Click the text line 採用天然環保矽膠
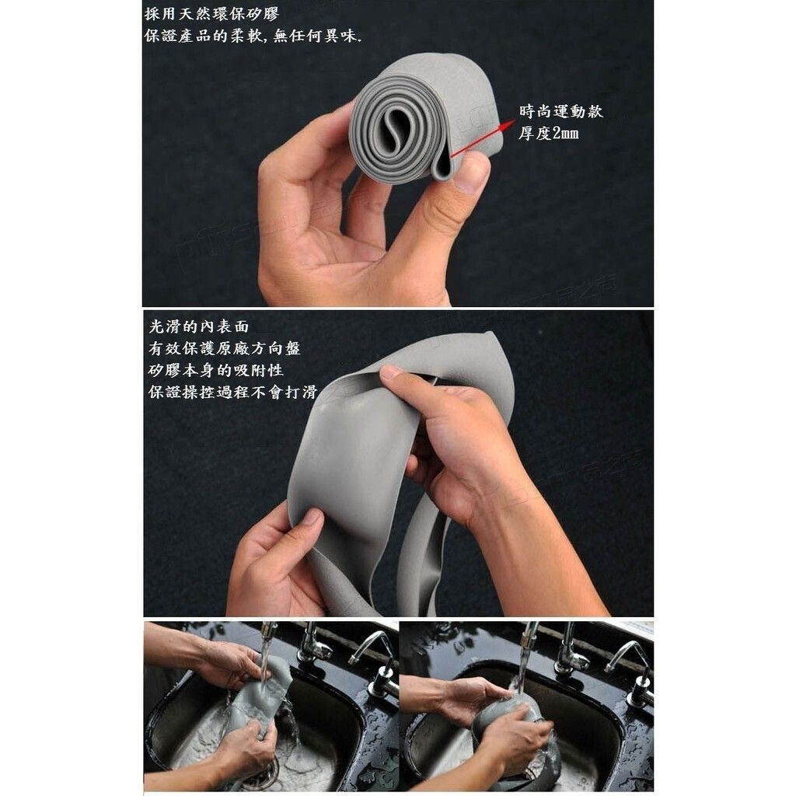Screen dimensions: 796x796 click(x=211, y=14)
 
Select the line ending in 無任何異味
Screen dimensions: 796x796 click(x=253, y=36)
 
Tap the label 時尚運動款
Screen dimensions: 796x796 click(x=561, y=111)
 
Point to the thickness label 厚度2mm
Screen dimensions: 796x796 click(x=548, y=134)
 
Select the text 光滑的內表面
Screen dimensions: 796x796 click(x=198, y=326)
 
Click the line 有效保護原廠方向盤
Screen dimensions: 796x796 click(x=225, y=348)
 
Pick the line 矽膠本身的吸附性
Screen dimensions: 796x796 click(x=216, y=370)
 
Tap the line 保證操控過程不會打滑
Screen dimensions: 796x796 click(x=233, y=392)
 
